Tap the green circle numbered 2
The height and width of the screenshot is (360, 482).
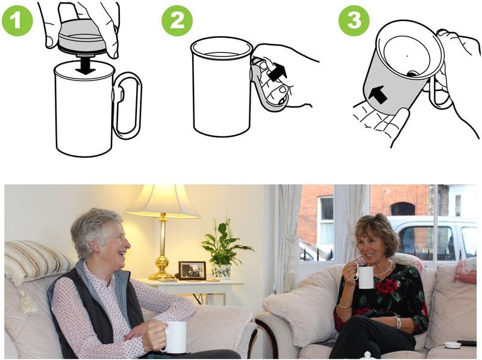177,21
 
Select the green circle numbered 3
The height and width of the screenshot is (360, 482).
354,21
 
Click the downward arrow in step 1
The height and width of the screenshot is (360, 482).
86,65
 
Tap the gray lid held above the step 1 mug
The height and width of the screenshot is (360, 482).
81,37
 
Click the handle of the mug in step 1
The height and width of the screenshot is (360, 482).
128,106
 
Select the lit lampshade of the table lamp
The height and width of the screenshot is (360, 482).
162,202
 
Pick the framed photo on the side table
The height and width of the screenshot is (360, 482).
192,270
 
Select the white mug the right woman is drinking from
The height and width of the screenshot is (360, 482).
365,277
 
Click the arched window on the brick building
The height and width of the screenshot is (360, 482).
402,208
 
